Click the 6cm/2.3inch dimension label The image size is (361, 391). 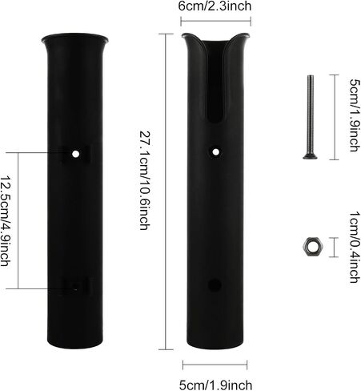(215, 6)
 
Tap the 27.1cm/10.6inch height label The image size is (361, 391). (145, 180)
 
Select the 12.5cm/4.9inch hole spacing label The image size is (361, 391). (6, 220)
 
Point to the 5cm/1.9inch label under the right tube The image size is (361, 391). (215, 385)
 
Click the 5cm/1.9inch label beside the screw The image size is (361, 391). (355, 115)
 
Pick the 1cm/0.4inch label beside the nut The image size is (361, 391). (355, 247)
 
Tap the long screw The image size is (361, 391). (310, 117)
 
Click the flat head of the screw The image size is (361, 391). (310, 157)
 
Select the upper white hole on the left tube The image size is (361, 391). (76, 154)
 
